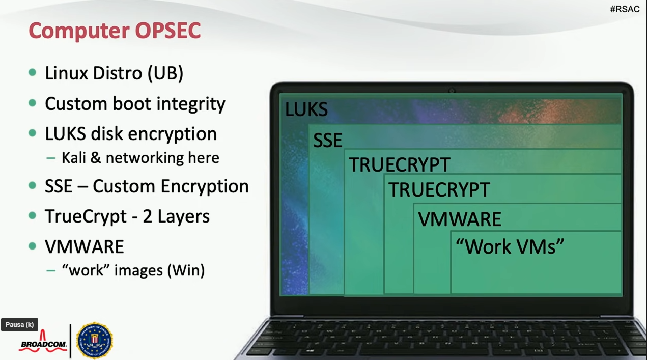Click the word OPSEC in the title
point(168,31)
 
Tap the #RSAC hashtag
point(625,9)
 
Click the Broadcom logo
point(43,341)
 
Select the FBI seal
point(95,340)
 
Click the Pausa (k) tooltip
point(20,324)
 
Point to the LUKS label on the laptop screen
point(306,109)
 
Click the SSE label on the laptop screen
point(327,141)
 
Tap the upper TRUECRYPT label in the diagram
point(400,164)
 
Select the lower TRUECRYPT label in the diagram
point(439,189)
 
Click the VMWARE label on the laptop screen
point(460,219)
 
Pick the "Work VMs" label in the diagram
point(510,246)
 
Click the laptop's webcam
point(452,91)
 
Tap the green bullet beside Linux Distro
point(33,72)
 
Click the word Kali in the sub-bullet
point(74,158)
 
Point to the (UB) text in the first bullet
point(165,73)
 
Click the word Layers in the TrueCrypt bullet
point(183,216)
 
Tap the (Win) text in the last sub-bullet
point(186,270)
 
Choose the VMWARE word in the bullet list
point(85,247)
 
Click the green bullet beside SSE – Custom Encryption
point(33,185)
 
